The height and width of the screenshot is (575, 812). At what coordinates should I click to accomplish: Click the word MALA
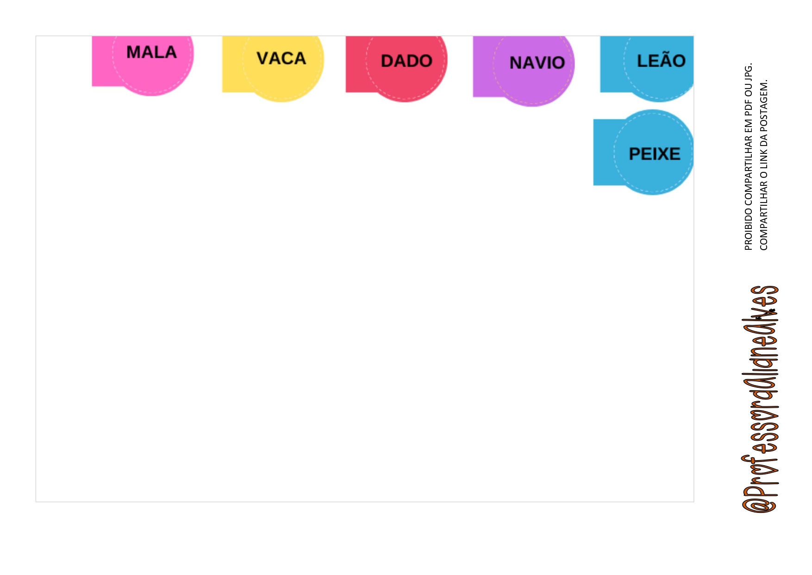point(151,52)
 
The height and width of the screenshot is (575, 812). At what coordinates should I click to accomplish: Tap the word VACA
point(281,58)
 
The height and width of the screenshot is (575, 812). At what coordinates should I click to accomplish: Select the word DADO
point(406,61)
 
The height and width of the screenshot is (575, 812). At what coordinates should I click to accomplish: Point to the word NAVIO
point(537,63)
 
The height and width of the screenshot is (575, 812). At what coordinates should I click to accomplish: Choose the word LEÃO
point(661,61)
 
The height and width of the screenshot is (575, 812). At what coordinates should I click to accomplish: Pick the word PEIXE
point(654,154)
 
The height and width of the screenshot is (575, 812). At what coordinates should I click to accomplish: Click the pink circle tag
point(152,74)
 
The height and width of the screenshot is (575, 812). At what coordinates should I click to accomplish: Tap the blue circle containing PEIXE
point(653,174)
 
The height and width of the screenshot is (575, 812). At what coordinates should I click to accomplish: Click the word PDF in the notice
point(749,109)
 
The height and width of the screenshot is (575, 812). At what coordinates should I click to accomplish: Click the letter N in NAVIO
point(516,63)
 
